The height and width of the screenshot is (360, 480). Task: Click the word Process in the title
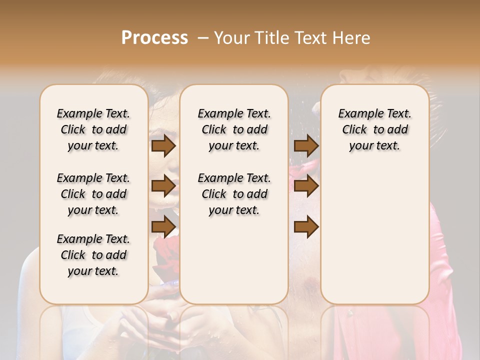154,38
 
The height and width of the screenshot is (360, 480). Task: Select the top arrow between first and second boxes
163,145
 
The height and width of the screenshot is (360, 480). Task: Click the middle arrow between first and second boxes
163,186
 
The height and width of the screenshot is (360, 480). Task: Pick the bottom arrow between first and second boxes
163,226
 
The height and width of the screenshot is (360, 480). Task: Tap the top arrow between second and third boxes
306,145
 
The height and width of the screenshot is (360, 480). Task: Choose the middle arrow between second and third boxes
306,186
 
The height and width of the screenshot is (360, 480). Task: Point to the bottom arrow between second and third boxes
306,226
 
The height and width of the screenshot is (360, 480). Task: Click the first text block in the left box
93,129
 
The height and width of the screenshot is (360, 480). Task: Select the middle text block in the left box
93,194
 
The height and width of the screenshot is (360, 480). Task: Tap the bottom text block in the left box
93,255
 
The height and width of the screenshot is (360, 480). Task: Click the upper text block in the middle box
234,129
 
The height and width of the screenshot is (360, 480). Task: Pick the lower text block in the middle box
234,194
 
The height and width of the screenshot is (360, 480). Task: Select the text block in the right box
374,129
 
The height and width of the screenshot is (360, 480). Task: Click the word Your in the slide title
224,38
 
